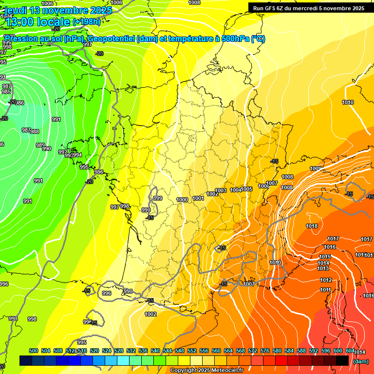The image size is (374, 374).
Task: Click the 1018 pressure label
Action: click(x=312, y=226)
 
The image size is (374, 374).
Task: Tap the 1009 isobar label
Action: click(x=316, y=169)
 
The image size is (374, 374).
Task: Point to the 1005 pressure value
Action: click(x=246, y=189)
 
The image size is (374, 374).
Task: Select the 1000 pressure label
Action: click(x=182, y=200)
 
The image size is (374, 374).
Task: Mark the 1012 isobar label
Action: click(x=326, y=280)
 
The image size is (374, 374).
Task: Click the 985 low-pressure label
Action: click(x=6, y=92)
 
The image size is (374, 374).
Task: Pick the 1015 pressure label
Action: click(x=325, y=257)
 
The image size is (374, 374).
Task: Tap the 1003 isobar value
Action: click(x=221, y=190)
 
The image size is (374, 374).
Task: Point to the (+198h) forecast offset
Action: click(x=87, y=22)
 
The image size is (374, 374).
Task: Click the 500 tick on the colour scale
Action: click(x=34, y=351)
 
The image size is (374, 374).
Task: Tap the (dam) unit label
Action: click(x=360, y=361)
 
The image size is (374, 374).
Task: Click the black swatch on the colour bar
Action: click(x=342, y=360)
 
